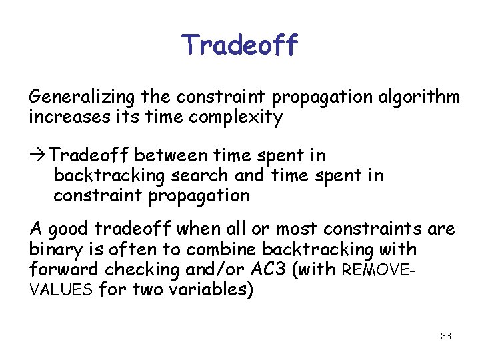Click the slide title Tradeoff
(x=240, y=45)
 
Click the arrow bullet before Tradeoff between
(x=39, y=156)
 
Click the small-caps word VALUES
(x=55, y=291)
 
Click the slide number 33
(x=446, y=336)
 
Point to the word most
(x=297, y=229)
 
